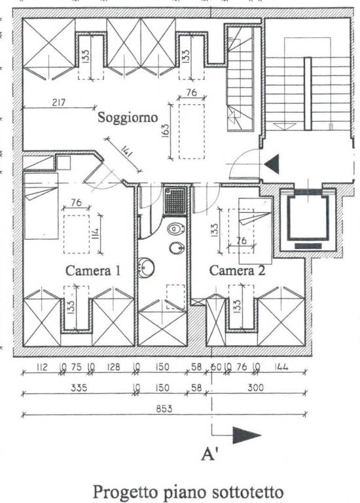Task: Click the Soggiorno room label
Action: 128,118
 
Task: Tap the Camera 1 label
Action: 93,270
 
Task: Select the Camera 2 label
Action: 237,270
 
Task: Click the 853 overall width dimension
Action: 164,409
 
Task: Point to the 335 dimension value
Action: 79,388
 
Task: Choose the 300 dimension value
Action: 255,388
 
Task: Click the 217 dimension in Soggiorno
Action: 59,103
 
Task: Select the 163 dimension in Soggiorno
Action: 166,130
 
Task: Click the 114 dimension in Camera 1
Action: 97,233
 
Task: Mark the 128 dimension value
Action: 113,367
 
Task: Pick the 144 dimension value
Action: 281,367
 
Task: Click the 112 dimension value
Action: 42,367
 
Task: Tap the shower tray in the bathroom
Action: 175,201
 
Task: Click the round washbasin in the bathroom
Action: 146,267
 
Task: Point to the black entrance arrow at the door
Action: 272,164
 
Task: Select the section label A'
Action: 209,455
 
